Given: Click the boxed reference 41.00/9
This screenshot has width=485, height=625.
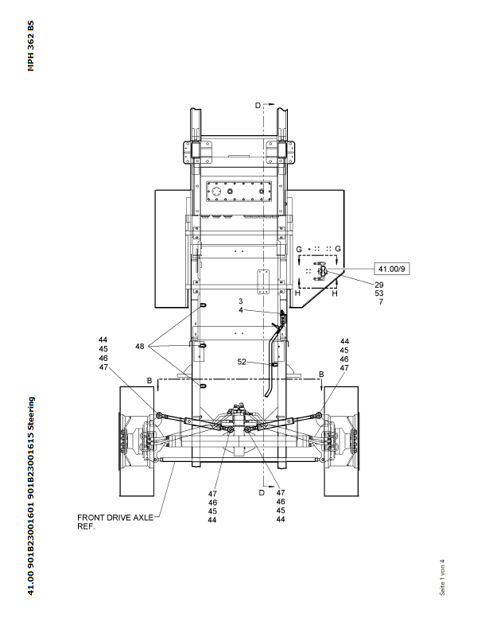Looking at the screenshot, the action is point(392,269).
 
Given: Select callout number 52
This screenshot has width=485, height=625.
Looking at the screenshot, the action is point(242,362).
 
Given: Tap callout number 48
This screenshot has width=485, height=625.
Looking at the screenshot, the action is point(139,347).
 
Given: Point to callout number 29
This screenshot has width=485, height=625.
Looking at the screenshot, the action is point(379,285).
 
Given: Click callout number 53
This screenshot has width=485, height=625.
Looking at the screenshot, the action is point(379,293).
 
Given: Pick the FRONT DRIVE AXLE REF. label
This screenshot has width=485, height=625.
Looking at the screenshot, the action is point(115,522).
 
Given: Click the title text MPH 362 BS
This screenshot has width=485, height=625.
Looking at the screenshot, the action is point(31,46).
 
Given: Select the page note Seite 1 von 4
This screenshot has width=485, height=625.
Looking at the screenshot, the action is point(442,577).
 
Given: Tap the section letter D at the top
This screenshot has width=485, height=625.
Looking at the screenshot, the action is point(258,105).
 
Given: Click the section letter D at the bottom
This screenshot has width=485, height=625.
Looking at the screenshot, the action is point(262,492).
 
